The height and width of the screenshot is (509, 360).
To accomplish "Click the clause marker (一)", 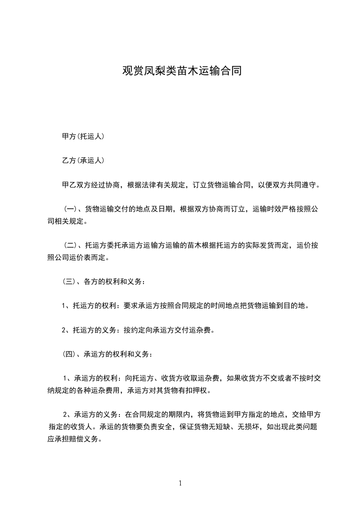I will click(x=70, y=210).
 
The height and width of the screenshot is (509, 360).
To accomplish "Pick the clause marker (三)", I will click(x=70, y=281).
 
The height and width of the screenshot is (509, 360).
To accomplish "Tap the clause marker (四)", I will click(x=70, y=354).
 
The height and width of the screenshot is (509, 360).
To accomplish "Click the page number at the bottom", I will click(x=180, y=484).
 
